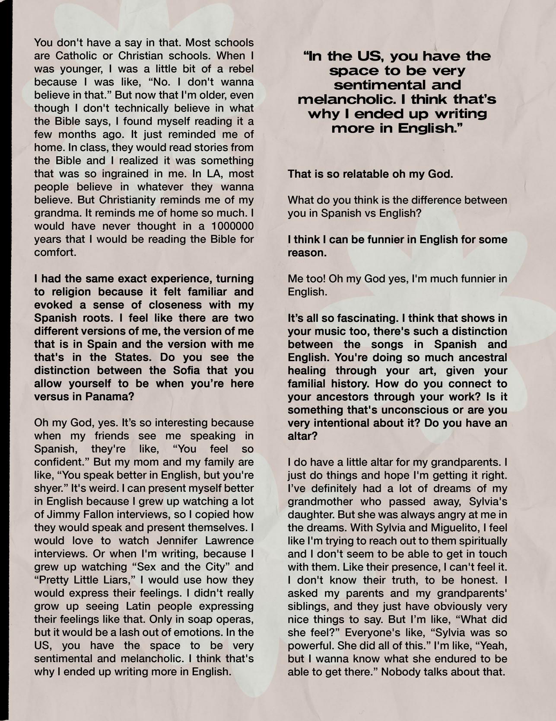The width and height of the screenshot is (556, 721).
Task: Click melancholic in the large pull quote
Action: [347, 99]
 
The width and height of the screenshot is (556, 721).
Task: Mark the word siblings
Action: [306, 606]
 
